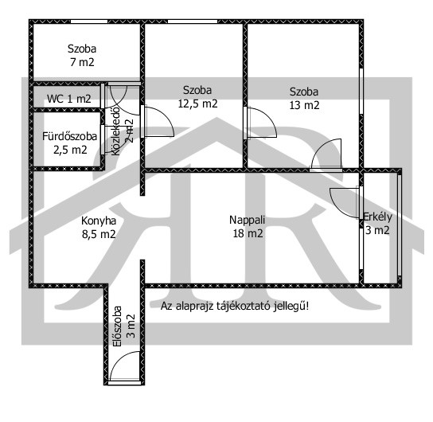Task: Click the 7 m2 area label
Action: pyautogui.click(x=82, y=62)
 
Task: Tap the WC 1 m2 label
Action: pyautogui.click(x=68, y=99)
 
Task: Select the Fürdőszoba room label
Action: pyautogui.click(x=69, y=136)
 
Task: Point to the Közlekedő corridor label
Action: pyautogui.click(x=116, y=131)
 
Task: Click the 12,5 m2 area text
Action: pyautogui.click(x=197, y=104)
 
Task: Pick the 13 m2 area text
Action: pyautogui.click(x=304, y=105)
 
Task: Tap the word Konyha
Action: pyautogui.click(x=99, y=221)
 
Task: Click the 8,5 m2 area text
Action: pyautogui.click(x=99, y=234)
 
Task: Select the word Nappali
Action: pyautogui.click(x=248, y=220)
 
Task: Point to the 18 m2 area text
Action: pyautogui.click(x=248, y=233)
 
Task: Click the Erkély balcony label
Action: pyautogui.click(x=377, y=217)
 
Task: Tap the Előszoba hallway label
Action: pyautogui.click(x=118, y=326)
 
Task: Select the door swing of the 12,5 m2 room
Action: pyautogui.click(x=166, y=115)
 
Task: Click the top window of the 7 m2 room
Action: pyautogui.click(x=89, y=21)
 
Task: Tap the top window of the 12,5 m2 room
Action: pyautogui.click(x=193, y=21)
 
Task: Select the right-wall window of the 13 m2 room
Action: pyautogui.click(x=361, y=91)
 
